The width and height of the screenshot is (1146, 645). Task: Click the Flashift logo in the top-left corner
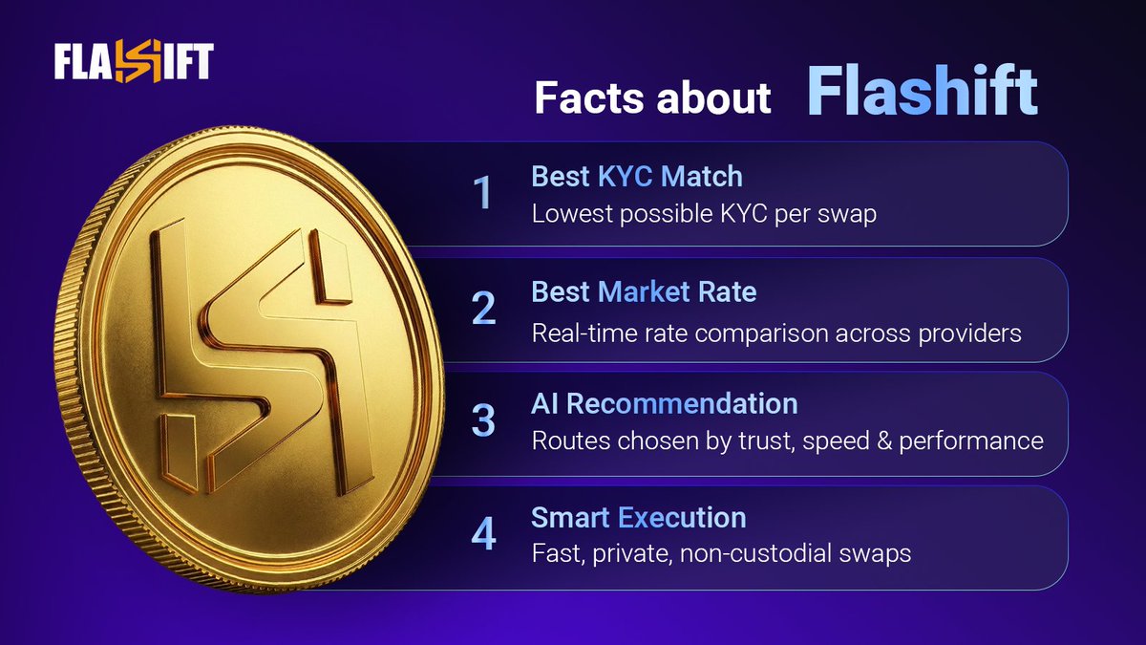click(x=133, y=64)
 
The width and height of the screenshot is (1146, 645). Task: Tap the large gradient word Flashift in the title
click(x=923, y=92)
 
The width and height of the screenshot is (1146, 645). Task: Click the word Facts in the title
click(x=584, y=98)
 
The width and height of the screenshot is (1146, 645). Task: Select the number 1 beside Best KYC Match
click(x=484, y=193)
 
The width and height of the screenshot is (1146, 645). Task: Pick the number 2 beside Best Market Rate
click(x=483, y=307)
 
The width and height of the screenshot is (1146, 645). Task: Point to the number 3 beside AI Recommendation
click(x=483, y=421)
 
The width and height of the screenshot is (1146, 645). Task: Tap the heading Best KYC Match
click(x=636, y=177)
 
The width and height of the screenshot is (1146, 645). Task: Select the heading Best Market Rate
click(x=644, y=291)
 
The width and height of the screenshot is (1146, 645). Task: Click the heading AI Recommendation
click(x=664, y=403)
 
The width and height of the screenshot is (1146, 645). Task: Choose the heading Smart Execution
click(x=638, y=518)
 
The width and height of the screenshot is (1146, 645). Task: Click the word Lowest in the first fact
click(x=572, y=213)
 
